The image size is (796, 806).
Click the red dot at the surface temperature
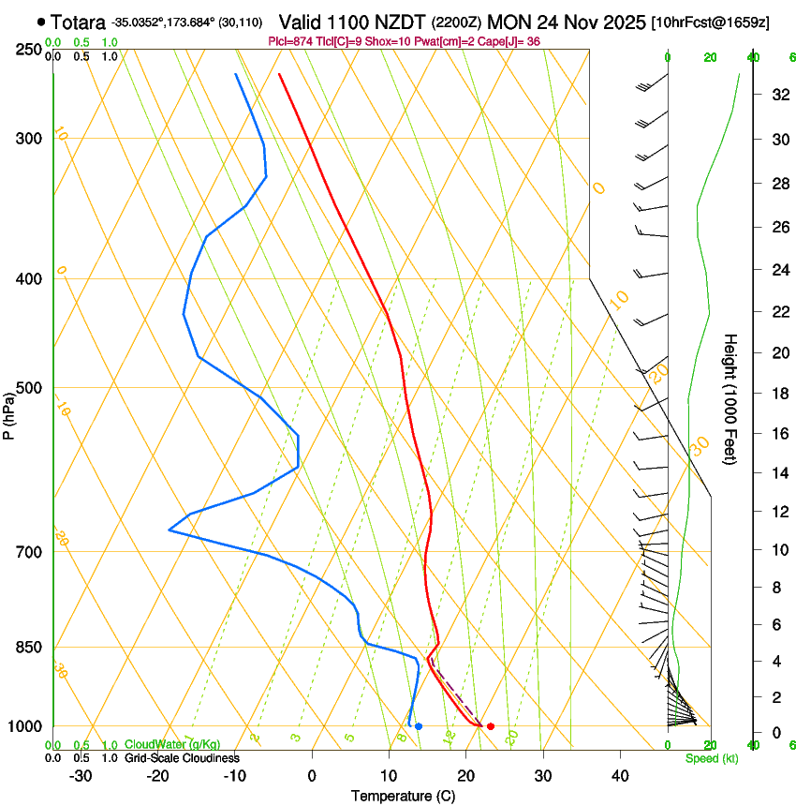(x=490, y=726)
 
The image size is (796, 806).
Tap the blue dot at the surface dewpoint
(x=419, y=726)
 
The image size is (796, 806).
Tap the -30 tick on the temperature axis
(x=81, y=775)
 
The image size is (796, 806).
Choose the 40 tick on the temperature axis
(x=619, y=775)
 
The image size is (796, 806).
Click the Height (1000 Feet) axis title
(x=731, y=399)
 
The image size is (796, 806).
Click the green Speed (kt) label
(x=711, y=758)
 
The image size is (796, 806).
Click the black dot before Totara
(x=41, y=21)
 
